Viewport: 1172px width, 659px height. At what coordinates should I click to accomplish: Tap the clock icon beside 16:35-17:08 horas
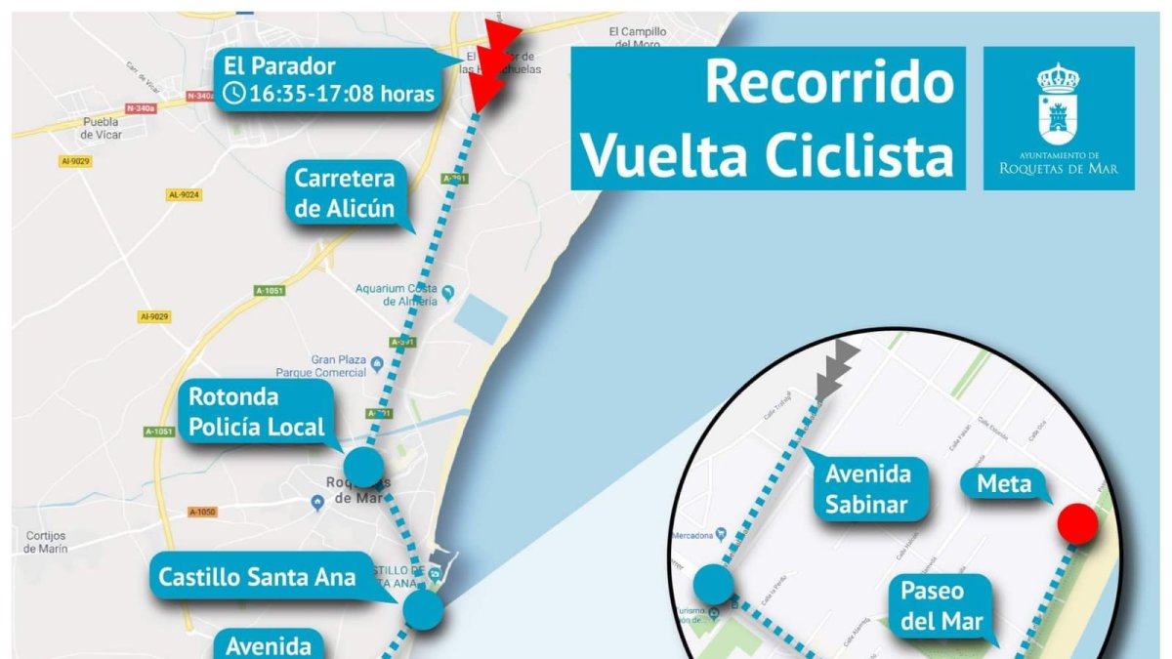pos(234,94)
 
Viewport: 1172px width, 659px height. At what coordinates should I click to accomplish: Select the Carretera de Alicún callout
pos(346,193)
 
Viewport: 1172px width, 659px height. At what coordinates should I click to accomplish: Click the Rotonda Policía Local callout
pos(256,411)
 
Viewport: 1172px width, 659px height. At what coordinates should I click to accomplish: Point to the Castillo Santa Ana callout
pos(257,576)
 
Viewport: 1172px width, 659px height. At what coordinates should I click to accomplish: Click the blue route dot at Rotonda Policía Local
pos(364,467)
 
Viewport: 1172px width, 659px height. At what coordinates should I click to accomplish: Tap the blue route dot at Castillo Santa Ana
pos(424,609)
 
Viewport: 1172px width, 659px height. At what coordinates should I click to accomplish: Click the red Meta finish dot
pos(1078,523)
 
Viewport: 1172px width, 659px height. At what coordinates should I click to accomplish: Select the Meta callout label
pos(1003,483)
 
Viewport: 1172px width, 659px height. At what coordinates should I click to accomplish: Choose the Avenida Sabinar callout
pos(868,489)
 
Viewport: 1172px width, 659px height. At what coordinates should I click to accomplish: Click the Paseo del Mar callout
pos(943,605)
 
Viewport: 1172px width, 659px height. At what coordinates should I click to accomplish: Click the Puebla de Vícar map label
pos(101,128)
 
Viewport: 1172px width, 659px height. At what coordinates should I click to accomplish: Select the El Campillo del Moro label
pos(637,38)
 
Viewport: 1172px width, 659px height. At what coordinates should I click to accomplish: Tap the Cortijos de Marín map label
pos(45,542)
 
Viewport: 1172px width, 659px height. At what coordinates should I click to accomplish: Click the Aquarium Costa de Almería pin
pos(448,292)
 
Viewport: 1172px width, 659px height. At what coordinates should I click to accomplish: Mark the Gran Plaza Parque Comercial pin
pos(377,365)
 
